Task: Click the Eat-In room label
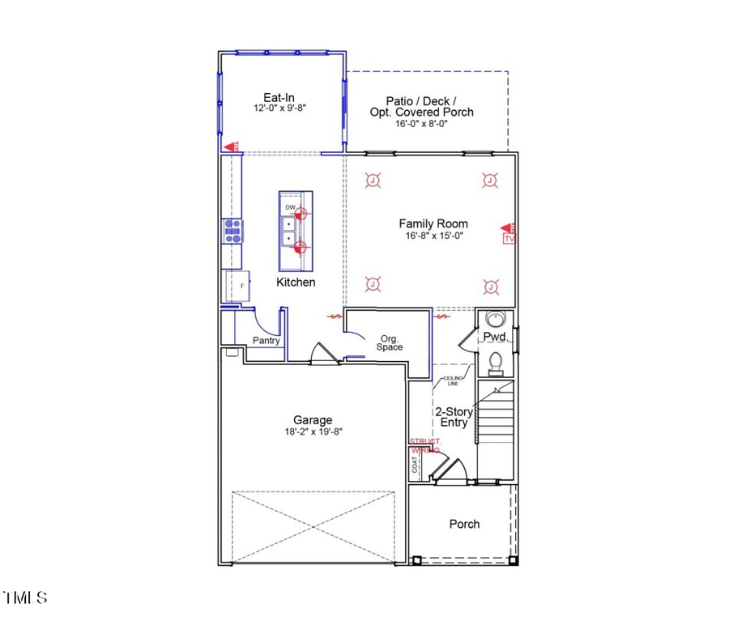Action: [x=278, y=95]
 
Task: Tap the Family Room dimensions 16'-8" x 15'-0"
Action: [x=433, y=236]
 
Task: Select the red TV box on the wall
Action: [x=509, y=239]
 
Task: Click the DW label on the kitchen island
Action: [x=290, y=208]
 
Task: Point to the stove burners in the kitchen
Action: [x=232, y=232]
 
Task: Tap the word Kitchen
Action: [x=296, y=283]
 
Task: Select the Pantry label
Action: [x=266, y=341]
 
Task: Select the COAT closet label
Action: [x=416, y=464]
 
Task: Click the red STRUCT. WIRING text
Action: [x=424, y=445]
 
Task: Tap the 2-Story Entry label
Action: [x=454, y=416]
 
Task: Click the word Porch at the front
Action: [x=464, y=524]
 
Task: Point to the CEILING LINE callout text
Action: [x=453, y=381]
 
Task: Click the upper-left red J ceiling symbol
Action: [x=373, y=181]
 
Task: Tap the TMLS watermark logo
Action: [x=25, y=598]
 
